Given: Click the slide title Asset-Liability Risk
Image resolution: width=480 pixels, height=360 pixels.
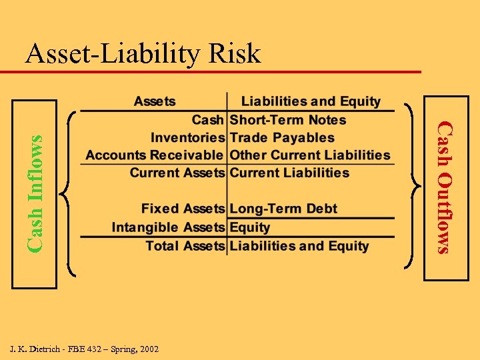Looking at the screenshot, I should pyautogui.click(x=143, y=53).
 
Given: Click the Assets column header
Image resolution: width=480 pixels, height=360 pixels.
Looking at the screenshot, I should pyautogui.click(x=155, y=102).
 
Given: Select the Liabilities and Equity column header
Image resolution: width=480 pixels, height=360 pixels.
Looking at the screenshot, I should pyautogui.click(x=311, y=102).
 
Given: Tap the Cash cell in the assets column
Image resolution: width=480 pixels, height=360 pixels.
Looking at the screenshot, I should pyautogui.click(x=207, y=120).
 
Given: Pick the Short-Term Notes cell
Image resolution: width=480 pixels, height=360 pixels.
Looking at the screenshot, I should pyautogui.click(x=288, y=120).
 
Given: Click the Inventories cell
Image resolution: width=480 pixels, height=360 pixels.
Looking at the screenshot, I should pyautogui.click(x=187, y=138).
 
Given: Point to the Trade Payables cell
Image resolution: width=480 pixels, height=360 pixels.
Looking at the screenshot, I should pyautogui.click(x=282, y=138).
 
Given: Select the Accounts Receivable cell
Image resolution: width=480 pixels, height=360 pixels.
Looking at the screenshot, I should pyautogui.click(x=155, y=155).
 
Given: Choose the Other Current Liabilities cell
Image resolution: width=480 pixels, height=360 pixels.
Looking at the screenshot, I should pyautogui.click(x=310, y=155).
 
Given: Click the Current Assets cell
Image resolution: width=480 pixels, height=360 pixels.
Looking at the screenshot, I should pyautogui.click(x=177, y=173).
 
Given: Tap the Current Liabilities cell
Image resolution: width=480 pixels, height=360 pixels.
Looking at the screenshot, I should pyautogui.click(x=289, y=173).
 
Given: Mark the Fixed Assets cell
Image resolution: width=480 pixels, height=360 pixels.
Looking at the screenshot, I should pyautogui.click(x=183, y=209).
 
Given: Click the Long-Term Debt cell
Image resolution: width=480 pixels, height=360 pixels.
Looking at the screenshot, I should pyautogui.click(x=283, y=209).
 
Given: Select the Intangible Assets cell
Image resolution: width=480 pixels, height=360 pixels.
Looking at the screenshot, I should pyautogui.click(x=168, y=227).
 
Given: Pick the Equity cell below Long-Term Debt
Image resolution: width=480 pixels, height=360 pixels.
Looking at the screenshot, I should pyautogui.click(x=250, y=227).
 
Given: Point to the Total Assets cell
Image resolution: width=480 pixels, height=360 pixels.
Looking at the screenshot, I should pyautogui.click(x=185, y=246).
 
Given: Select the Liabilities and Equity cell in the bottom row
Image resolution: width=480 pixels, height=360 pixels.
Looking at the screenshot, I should pyautogui.click(x=299, y=246).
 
